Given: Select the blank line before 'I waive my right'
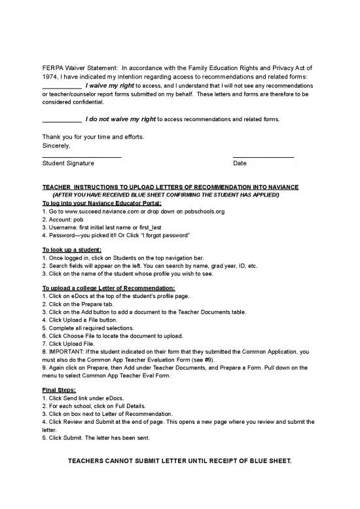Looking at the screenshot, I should (62, 87).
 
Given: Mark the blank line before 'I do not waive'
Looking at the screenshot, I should (62, 122).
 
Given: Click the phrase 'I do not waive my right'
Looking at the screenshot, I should (120, 119).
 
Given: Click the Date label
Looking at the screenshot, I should (240, 162).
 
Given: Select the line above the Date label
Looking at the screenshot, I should (263, 157).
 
